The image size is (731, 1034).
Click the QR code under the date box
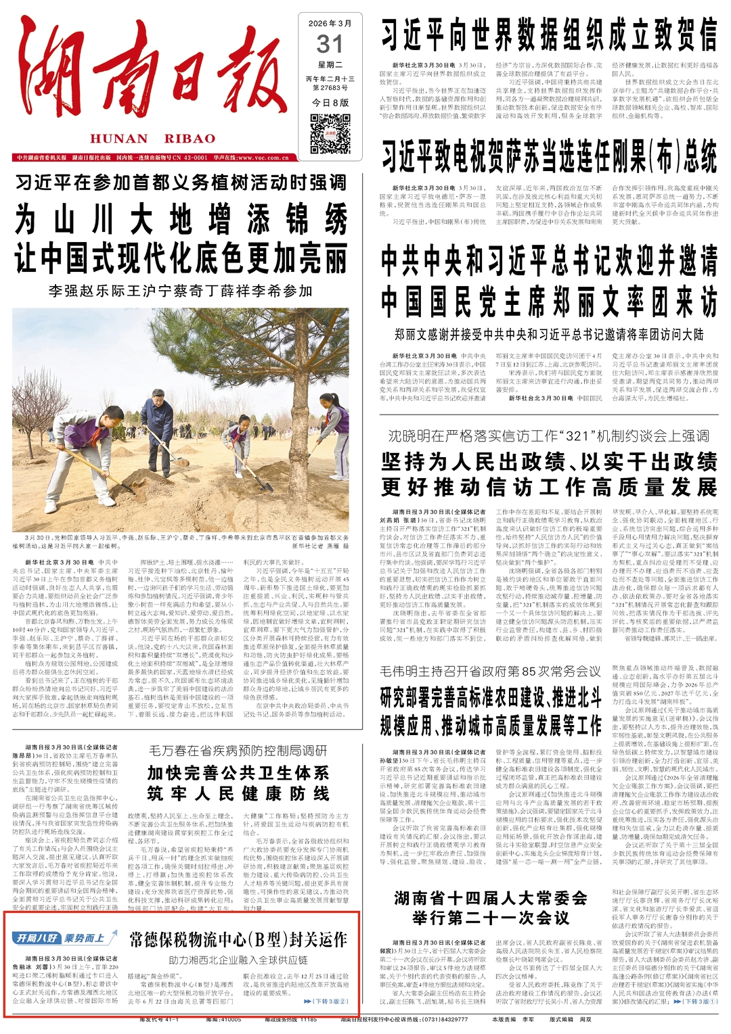click(x=330, y=132)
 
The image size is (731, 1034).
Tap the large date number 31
click(x=330, y=45)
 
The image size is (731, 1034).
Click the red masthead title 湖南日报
click(x=152, y=74)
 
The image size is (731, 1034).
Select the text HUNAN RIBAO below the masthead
click(x=152, y=139)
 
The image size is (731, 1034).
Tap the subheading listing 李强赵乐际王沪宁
click(x=181, y=291)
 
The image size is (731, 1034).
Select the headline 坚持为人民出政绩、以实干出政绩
click(x=548, y=462)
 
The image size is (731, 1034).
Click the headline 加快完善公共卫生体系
click(x=238, y=772)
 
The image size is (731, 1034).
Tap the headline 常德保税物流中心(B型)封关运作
click(x=238, y=939)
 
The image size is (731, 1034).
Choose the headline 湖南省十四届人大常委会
click(x=490, y=898)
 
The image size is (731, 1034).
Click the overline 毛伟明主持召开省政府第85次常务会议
click(x=490, y=671)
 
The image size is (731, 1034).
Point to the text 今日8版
click(x=330, y=102)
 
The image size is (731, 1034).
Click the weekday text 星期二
click(x=330, y=65)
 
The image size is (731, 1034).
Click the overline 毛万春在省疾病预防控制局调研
click(x=238, y=750)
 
